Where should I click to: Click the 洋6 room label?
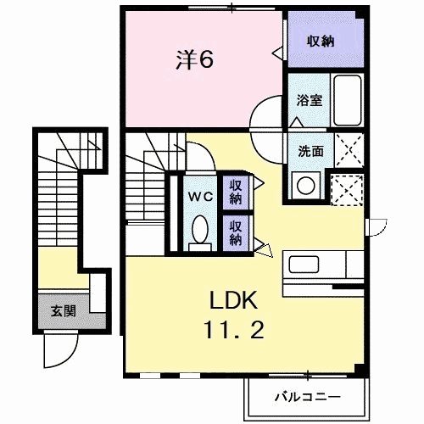point(194,59)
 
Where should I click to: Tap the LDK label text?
point(229,302)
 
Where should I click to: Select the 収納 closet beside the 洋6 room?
point(319,41)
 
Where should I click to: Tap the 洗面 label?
point(310,152)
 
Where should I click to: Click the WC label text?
point(199,196)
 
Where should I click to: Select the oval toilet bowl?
point(200,229)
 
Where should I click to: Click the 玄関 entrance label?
point(64,310)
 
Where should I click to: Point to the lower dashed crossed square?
point(347,190)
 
